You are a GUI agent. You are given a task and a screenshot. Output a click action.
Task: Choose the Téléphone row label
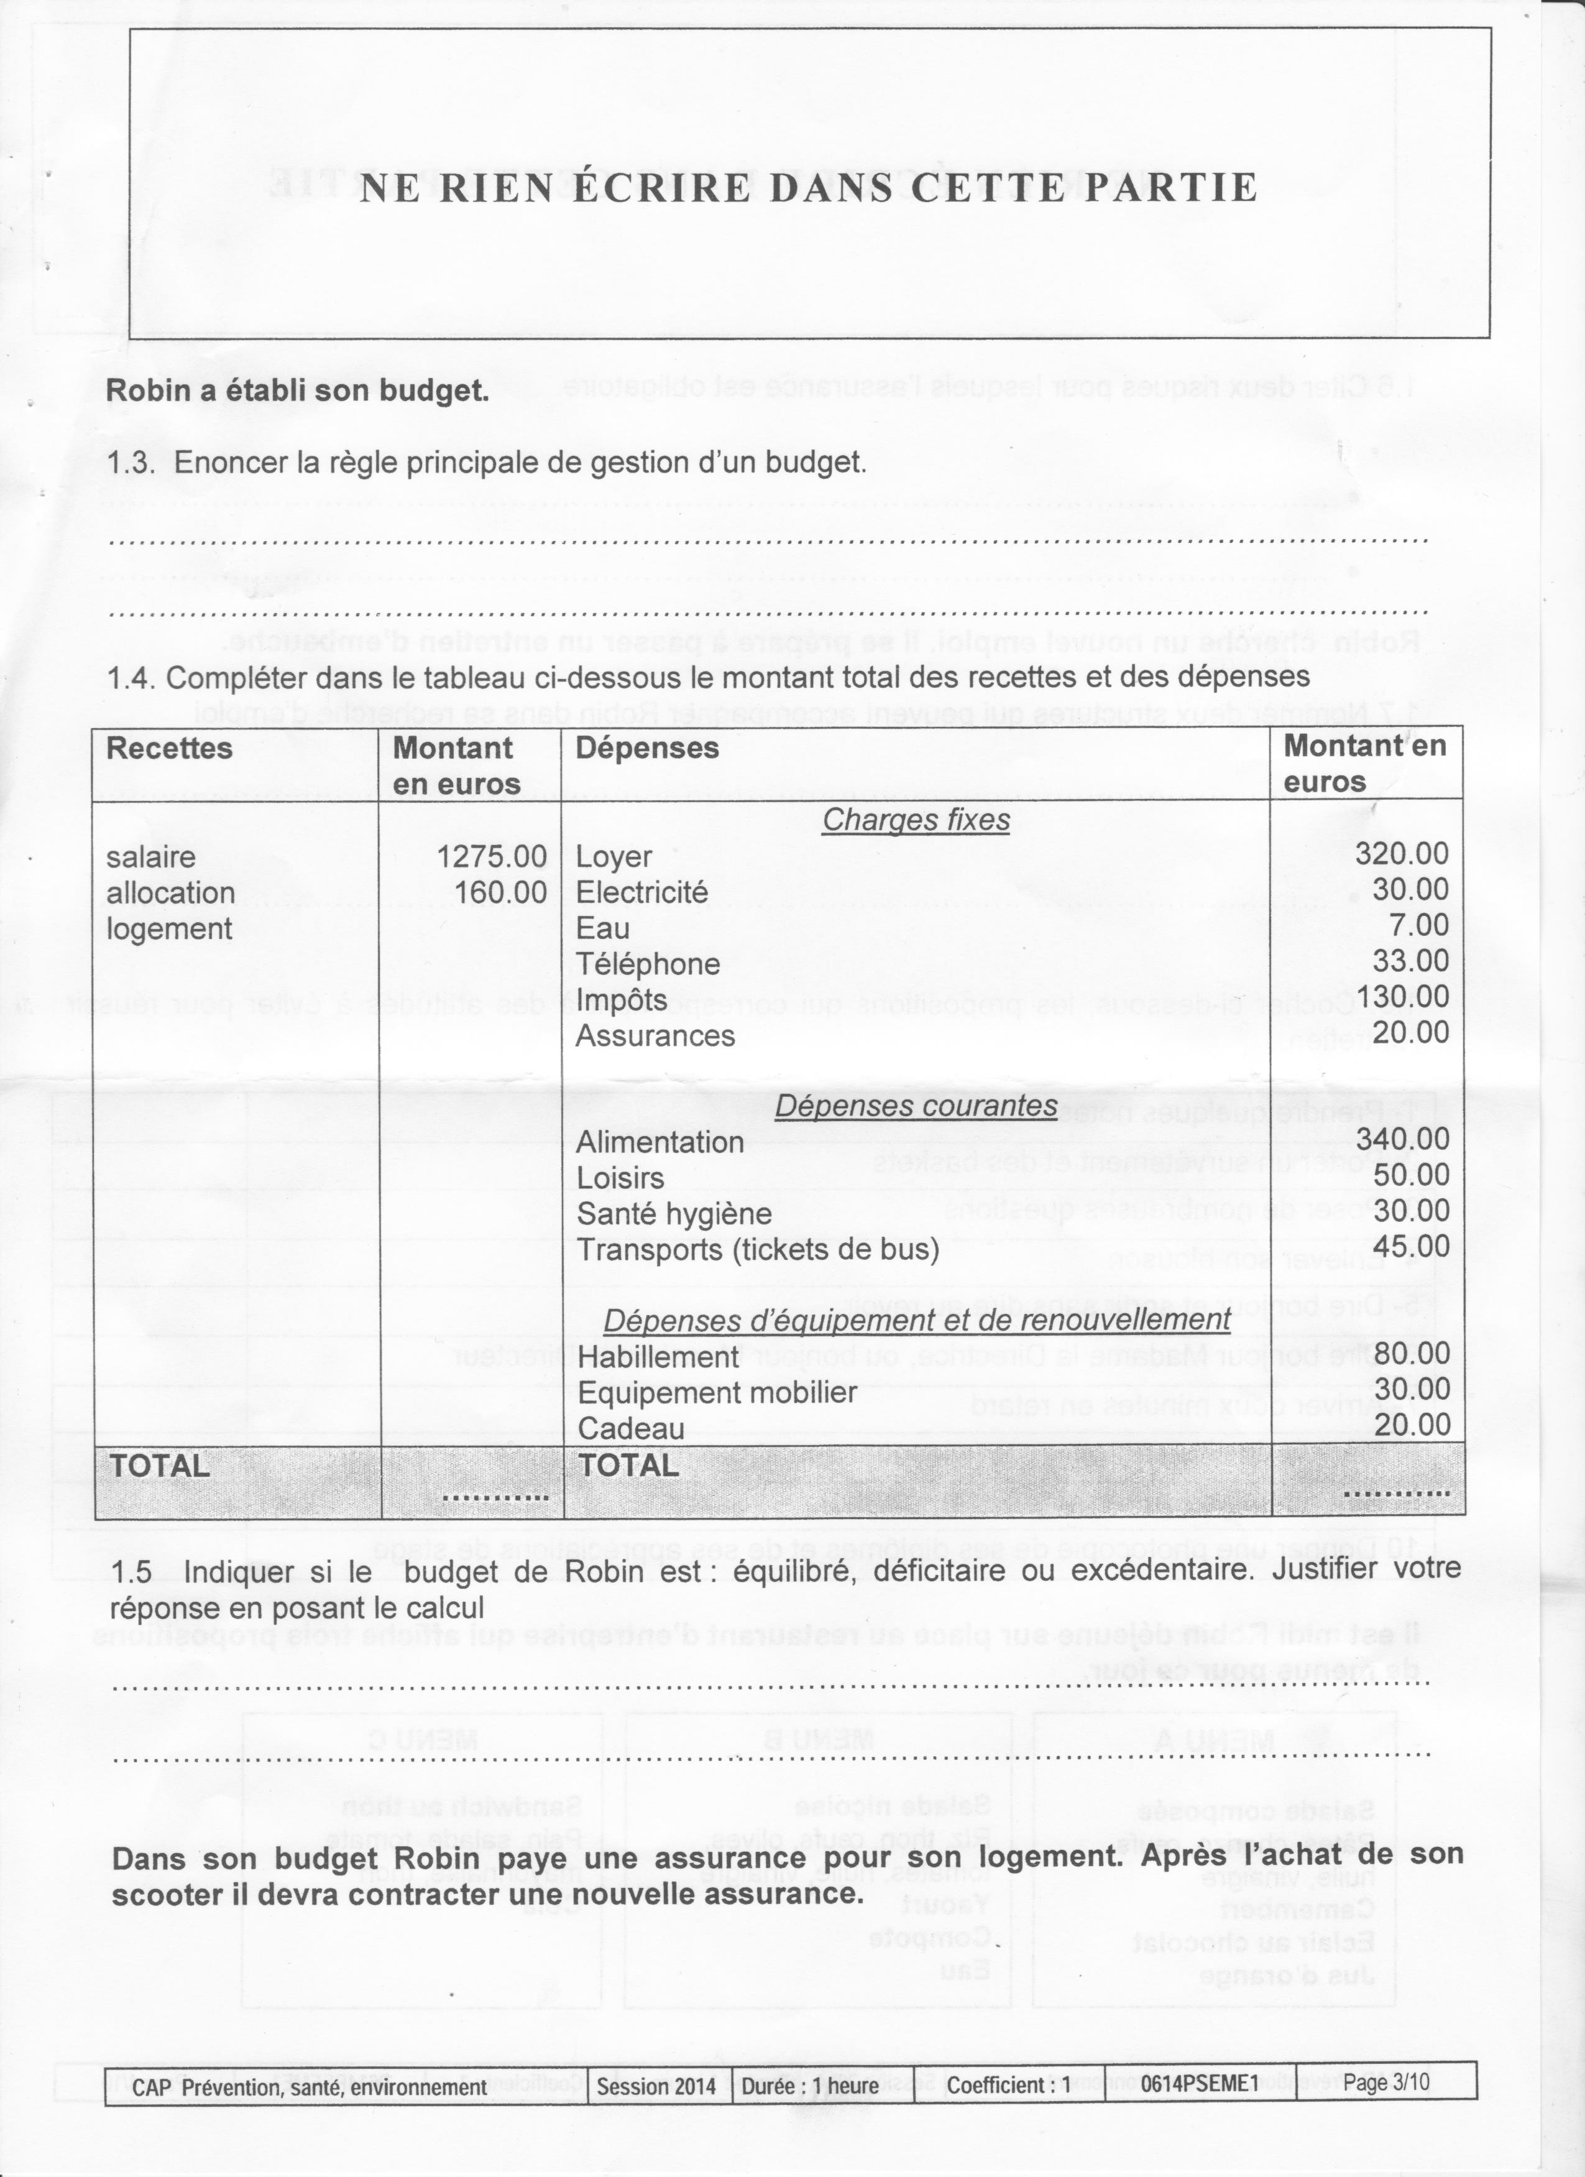coord(648,964)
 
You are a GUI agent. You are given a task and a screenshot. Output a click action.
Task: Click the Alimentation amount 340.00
coord(1402,1139)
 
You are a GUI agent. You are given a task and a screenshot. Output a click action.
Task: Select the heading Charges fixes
coord(916,821)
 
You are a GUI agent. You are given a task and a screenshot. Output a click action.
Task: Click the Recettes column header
coord(170,749)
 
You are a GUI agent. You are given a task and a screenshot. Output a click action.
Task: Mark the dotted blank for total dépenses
coord(1396,1494)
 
